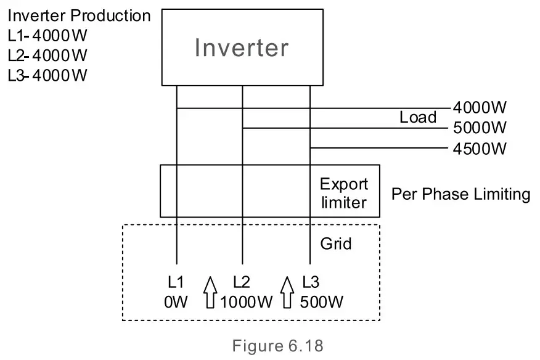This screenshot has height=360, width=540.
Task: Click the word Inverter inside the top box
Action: pos(242,47)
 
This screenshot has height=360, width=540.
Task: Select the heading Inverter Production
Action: pos(79,15)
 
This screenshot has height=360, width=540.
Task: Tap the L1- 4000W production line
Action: pos(47,35)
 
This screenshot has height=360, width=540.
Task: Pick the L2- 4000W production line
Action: pos(47,55)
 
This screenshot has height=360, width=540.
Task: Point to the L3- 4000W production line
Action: pos(47,75)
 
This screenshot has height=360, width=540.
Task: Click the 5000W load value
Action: pos(480,128)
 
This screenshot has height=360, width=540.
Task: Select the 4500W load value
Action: pos(480,149)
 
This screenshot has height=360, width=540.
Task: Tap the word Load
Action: pos(417,117)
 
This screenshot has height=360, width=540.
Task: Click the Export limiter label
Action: pos(343,193)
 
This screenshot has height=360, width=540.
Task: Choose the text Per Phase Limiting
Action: pos(460,194)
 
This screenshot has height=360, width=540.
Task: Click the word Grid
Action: pos(336,243)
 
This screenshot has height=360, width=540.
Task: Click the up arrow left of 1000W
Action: pos(210,292)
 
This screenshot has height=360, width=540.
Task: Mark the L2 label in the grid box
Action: pos(242,282)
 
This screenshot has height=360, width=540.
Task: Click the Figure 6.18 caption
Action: pos(277,345)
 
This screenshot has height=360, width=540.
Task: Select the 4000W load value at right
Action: pos(480,108)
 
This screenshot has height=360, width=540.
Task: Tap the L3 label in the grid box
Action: pos(311,282)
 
